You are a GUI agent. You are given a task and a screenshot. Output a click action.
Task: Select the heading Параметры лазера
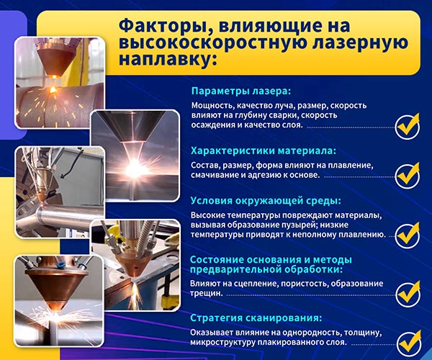[241, 91]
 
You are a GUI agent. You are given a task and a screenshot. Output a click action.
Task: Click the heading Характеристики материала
[264, 151]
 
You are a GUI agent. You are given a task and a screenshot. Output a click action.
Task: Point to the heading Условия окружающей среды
[266, 201]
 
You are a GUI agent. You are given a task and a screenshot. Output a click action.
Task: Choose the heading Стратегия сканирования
[256, 318]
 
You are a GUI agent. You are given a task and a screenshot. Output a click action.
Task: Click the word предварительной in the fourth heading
[235, 270]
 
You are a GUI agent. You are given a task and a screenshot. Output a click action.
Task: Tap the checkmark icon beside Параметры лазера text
[408, 126]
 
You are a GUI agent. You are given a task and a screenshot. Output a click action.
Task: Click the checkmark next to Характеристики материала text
[408, 176]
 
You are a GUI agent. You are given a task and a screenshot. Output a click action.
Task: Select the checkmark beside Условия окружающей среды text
[408, 235]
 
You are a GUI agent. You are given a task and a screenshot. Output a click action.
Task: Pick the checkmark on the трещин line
[408, 294]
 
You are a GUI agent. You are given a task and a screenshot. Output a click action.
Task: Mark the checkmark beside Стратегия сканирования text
[409, 343]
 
